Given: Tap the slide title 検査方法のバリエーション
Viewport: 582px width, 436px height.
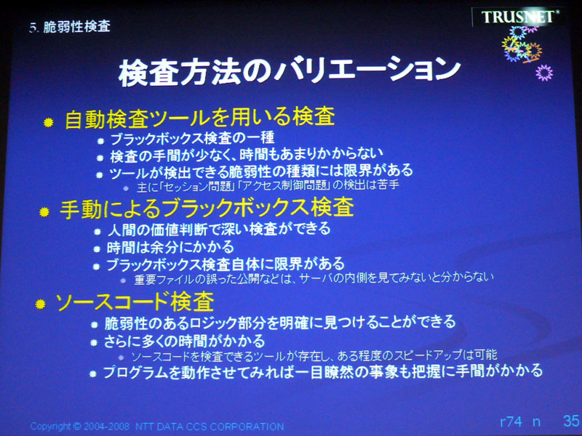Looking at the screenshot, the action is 290,71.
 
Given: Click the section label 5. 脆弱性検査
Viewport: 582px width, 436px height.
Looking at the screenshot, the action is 69,27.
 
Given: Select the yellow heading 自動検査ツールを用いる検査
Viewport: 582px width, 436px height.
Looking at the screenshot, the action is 200,117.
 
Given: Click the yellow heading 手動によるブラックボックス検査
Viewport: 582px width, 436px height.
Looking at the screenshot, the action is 207,207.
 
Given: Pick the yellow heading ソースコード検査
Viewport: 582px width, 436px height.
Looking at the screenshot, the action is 135,301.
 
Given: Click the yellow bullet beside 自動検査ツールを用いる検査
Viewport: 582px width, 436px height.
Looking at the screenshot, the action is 48,122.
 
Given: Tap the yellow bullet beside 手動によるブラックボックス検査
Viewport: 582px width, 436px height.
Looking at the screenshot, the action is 44,211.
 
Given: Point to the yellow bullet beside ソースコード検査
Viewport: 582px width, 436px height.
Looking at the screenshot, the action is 40,304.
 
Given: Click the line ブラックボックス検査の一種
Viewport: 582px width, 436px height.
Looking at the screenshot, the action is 192,139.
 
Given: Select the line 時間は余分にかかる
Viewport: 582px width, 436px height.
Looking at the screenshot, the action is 170,247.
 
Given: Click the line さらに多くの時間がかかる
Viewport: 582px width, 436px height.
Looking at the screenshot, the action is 185,341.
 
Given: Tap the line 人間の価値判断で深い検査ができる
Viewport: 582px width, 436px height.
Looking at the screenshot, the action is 219,229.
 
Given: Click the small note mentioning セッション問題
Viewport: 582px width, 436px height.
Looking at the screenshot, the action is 268,185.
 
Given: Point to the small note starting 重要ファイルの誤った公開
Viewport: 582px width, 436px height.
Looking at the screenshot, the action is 314,278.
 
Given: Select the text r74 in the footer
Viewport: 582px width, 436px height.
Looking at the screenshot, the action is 511,421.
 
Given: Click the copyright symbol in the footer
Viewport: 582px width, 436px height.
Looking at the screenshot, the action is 77,426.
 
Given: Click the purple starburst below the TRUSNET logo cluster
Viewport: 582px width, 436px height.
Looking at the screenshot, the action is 544,73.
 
